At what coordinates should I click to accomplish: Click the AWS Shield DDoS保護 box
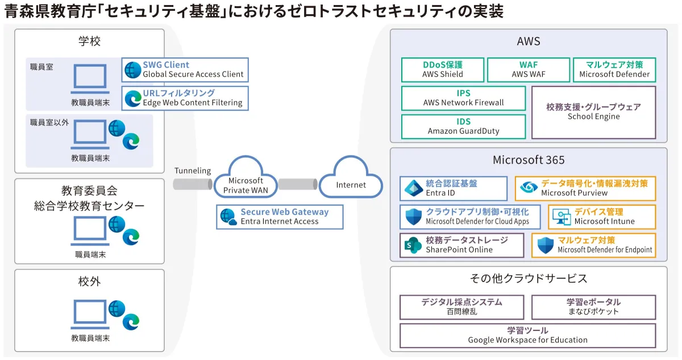(x=443, y=69)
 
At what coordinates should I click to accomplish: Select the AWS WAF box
(x=528, y=69)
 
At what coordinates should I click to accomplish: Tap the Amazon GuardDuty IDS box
(x=463, y=126)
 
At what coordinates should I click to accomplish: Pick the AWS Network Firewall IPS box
(x=463, y=98)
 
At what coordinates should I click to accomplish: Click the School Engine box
(x=593, y=112)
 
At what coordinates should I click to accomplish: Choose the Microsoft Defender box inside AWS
(x=614, y=69)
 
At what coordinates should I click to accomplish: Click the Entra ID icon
(x=413, y=188)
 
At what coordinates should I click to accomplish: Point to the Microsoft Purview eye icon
(x=529, y=188)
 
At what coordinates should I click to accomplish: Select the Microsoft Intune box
(x=602, y=217)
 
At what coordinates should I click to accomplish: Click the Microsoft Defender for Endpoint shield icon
(x=546, y=245)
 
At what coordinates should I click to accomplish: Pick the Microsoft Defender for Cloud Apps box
(x=469, y=217)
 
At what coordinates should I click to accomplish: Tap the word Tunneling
(x=193, y=171)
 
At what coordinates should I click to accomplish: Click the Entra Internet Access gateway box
(x=280, y=217)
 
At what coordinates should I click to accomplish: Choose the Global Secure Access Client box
(x=185, y=69)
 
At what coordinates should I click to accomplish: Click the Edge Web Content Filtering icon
(x=133, y=98)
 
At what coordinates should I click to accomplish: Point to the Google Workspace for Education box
(x=527, y=335)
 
